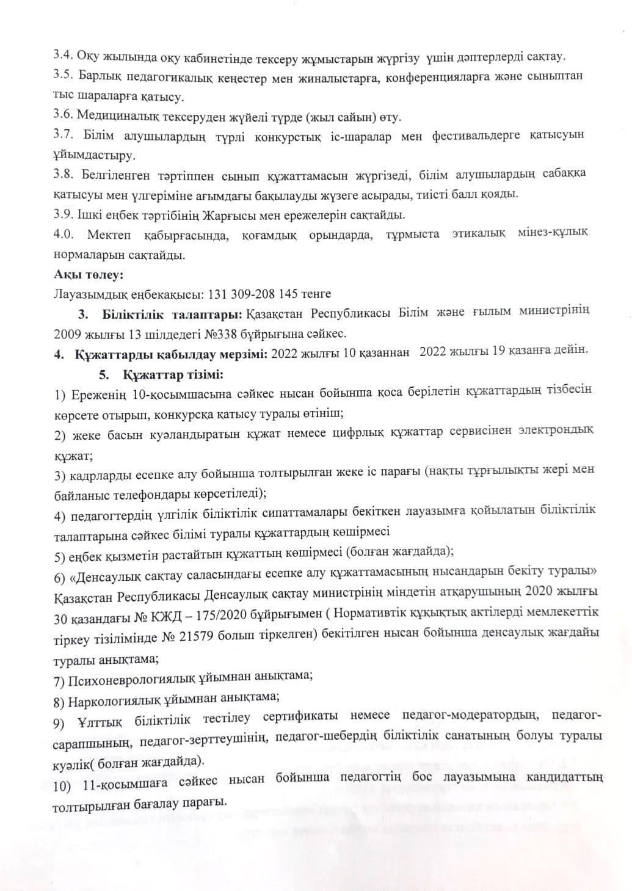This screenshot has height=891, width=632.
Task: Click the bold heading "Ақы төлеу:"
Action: [x=89, y=275]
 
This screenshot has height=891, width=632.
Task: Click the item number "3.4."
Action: [x=64, y=56]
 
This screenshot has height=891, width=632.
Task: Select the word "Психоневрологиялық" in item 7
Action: [x=128, y=677]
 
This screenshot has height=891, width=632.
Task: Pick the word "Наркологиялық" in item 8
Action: [x=116, y=697]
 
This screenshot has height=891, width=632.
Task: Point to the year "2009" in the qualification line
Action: [x=67, y=333]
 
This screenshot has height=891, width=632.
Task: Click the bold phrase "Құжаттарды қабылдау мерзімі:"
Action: [x=172, y=353]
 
